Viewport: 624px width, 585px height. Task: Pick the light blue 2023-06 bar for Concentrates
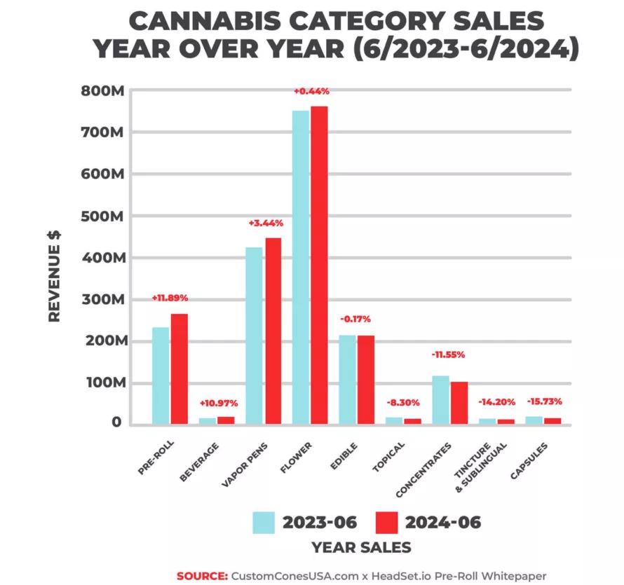click(x=440, y=399)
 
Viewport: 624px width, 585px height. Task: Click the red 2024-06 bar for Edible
click(x=365, y=379)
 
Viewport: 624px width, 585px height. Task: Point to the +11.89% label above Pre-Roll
click(x=170, y=298)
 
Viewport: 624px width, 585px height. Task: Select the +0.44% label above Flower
click(x=311, y=91)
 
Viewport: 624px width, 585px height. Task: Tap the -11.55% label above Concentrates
click(x=447, y=355)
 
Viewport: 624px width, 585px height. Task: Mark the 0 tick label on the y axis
click(x=116, y=423)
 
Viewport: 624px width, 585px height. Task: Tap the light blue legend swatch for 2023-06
click(x=264, y=523)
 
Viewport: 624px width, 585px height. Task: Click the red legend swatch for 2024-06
click(x=386, y=523)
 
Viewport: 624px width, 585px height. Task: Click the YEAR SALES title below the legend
click(x=362, y=547)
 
